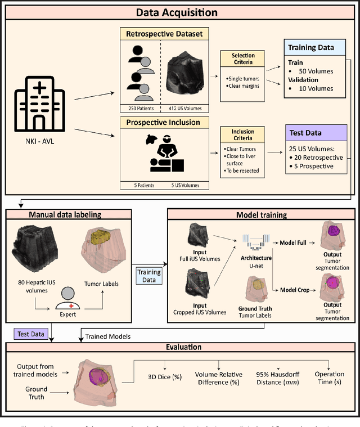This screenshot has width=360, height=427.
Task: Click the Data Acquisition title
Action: click(179, 11)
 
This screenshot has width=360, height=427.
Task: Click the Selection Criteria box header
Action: click(243, 59)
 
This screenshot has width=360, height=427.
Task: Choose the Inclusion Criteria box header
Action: click(243, 135)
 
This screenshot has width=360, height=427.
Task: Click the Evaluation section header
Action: click(179, 348)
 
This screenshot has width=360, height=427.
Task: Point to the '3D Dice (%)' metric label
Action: click(164, 374)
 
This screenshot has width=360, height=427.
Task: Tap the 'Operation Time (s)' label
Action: click(330, 378)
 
